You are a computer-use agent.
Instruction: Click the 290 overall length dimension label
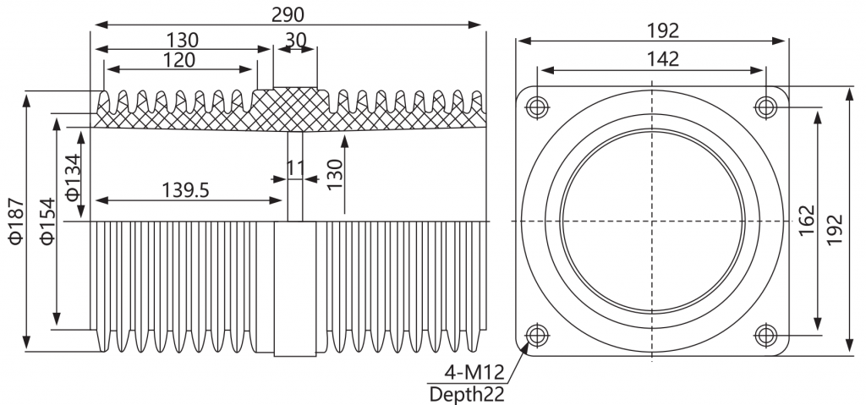pyautogui.click(x=288, y=15)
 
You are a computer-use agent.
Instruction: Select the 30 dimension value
pyautogui.click(x=296, y=40)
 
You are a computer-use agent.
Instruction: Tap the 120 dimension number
pyautogui.click(x=179, y=60)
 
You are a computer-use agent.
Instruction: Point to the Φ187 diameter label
pyautogui.click(x=16, y=221)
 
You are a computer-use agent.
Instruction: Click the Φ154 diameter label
pyautogui.click(x=48, y=221)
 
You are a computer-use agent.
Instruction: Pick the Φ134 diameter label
pyautogui.click(x=74, y=177)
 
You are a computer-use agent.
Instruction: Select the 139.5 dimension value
pyautogui.click(x=185, y=190)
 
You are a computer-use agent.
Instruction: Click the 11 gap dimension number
pyautogui.click(x=296, y=168)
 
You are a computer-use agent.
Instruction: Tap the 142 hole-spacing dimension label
pyautogui.click(x=663, y=58)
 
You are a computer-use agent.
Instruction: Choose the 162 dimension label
pyautogui.click(x=807, y=221)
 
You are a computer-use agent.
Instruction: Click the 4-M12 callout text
pyautogui.click(x=474, y=373)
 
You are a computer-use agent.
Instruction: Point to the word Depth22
pyautogui.click(x=467, y=395)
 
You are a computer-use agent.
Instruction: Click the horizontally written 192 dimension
pyautogui.click(x=663, y=31)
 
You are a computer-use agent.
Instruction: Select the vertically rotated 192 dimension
pyautogui.click(x=835, y=229)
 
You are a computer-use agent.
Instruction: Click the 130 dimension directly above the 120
pyautogui.click(x=183, y=40)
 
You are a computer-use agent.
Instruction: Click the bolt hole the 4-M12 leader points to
pyautogui.click(x=537, y=335)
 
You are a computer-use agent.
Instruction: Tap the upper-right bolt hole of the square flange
pyautogui.click(x=765, y=106)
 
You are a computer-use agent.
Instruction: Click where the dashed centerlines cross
pyautogui.click(x=652, y=221)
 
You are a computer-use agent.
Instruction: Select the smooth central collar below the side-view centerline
pyautogui.click(x=295, y=289)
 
